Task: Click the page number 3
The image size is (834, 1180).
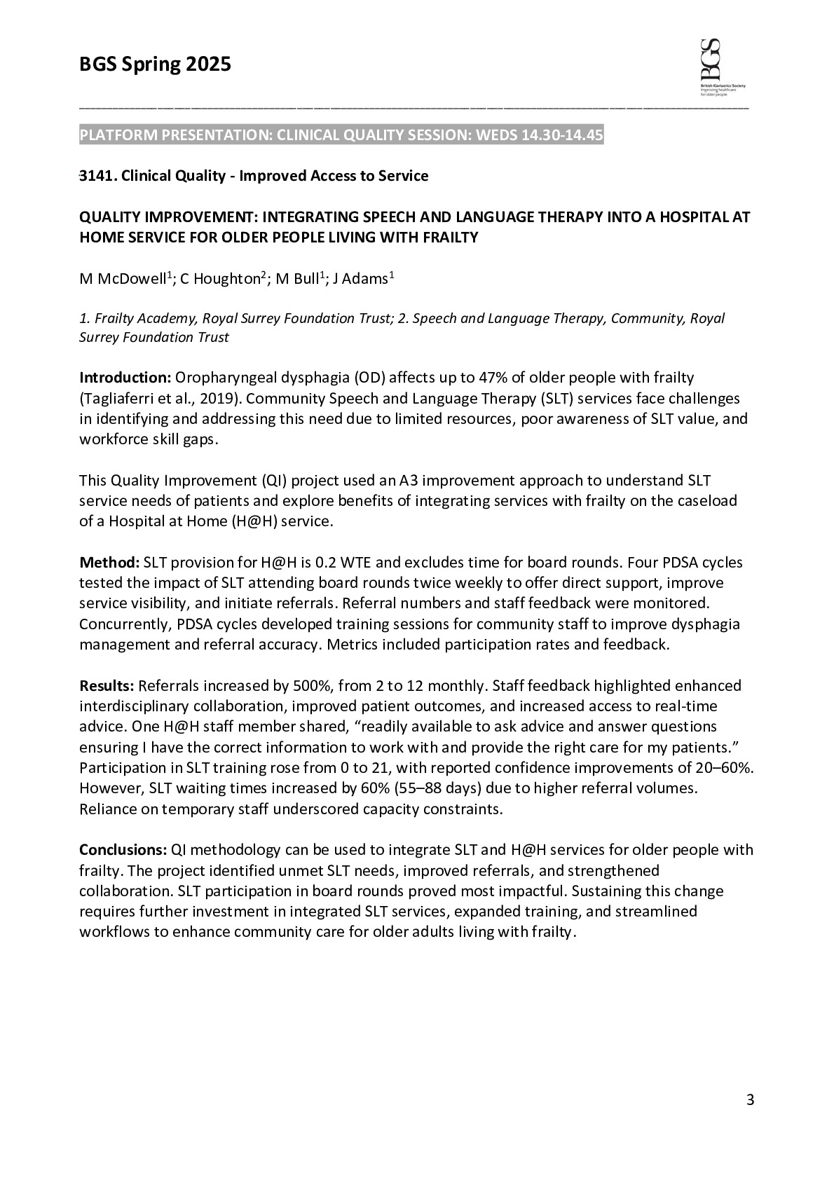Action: (x=750, y=1100)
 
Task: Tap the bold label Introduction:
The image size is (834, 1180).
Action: (x=125, y=378)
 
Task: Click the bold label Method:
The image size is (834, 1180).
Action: (x=109, y=563)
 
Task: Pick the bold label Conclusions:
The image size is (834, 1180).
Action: (x=123, y=850)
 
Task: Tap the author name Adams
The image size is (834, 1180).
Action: (x=364, y=279)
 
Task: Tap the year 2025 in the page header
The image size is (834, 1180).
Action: (x=207, y=65)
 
